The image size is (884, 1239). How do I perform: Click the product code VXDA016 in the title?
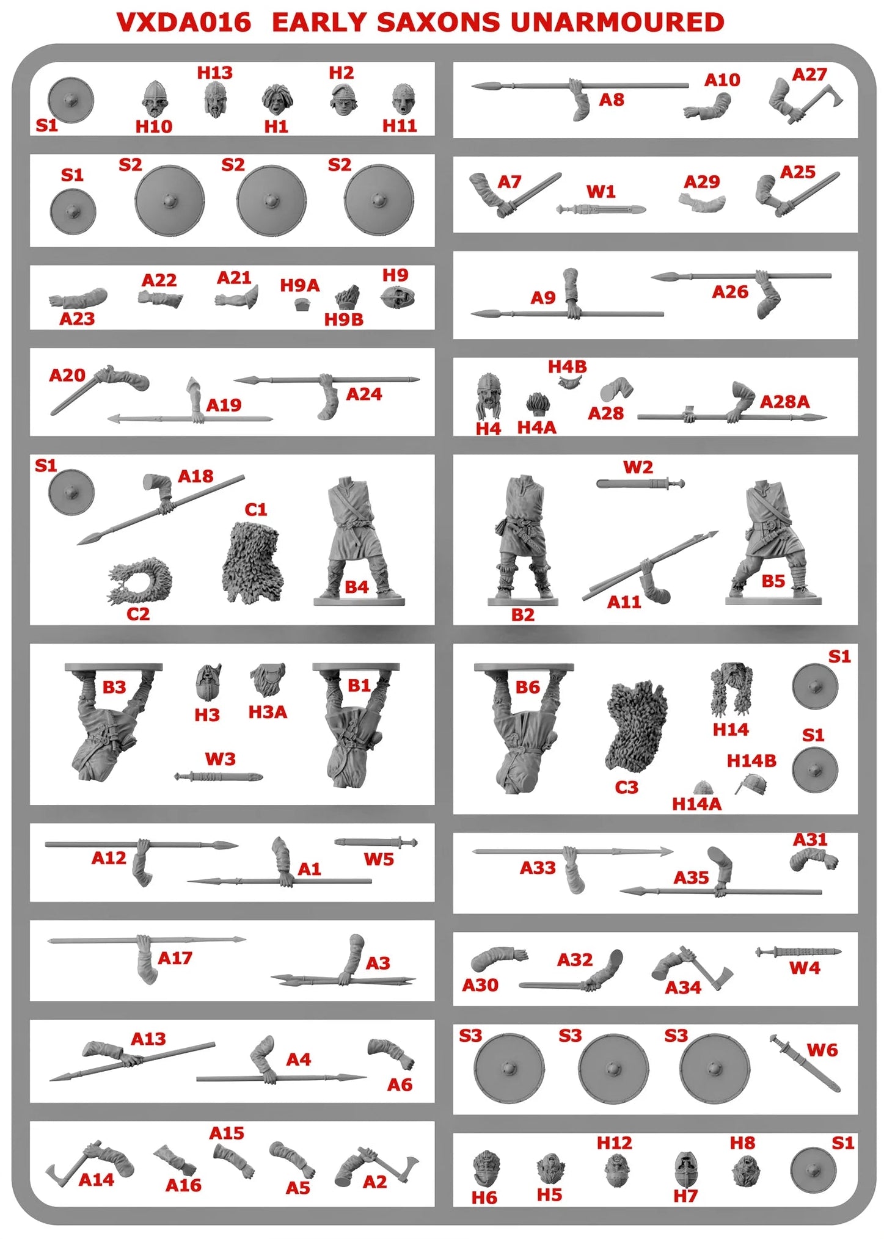(184, 23)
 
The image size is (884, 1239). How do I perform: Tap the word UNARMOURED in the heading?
(616, 23)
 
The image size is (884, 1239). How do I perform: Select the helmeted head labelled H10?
(155, 100)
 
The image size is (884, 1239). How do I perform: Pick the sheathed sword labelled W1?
(601, 210)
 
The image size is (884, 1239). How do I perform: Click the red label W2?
(638, 468)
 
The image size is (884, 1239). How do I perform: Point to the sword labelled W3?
(218, 777)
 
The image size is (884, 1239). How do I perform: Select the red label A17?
(175, 958)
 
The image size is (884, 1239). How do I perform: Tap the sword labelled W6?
(805, 1063)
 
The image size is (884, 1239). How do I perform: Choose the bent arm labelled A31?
(813, 860)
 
